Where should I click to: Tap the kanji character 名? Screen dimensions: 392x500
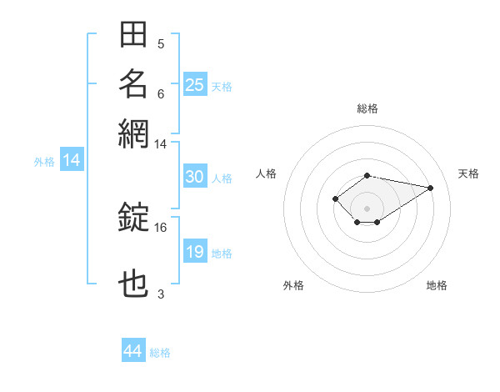pyautogui.click(x=133, y=83)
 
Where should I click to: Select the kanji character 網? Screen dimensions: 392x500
pyautogui.click(x=133, y=132)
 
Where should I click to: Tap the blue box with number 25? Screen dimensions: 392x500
pyautogui.click(x=194, y=85)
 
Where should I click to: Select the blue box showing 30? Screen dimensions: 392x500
pyautogui.click(x=194, y=177)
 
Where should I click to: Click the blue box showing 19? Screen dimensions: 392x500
pyautogui.click(x=194, y=253)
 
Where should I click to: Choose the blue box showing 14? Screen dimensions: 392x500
pyautogui.click(x=71, y=161)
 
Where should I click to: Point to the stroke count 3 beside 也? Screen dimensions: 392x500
pyautogui.click(x=161, y=294)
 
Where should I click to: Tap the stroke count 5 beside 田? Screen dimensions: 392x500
pyautogui.click(x=161, y=44)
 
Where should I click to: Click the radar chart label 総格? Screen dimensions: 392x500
pyautogui.click(x=367, y=108)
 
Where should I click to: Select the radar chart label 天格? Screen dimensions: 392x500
pyautogui.click(x=468, y=173)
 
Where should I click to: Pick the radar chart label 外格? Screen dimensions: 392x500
pyautogui.click(x=293, y=286)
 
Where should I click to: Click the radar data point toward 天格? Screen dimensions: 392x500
pyautogui.click(x=430, y=187)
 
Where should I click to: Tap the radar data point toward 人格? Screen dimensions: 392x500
pyautogui.click(x=335, y=199)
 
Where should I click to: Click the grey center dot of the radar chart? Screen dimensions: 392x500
pyautogui.click(x=367, y=209)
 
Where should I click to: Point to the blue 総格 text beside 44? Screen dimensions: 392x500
pyautogui.click(x=160, y=353)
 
